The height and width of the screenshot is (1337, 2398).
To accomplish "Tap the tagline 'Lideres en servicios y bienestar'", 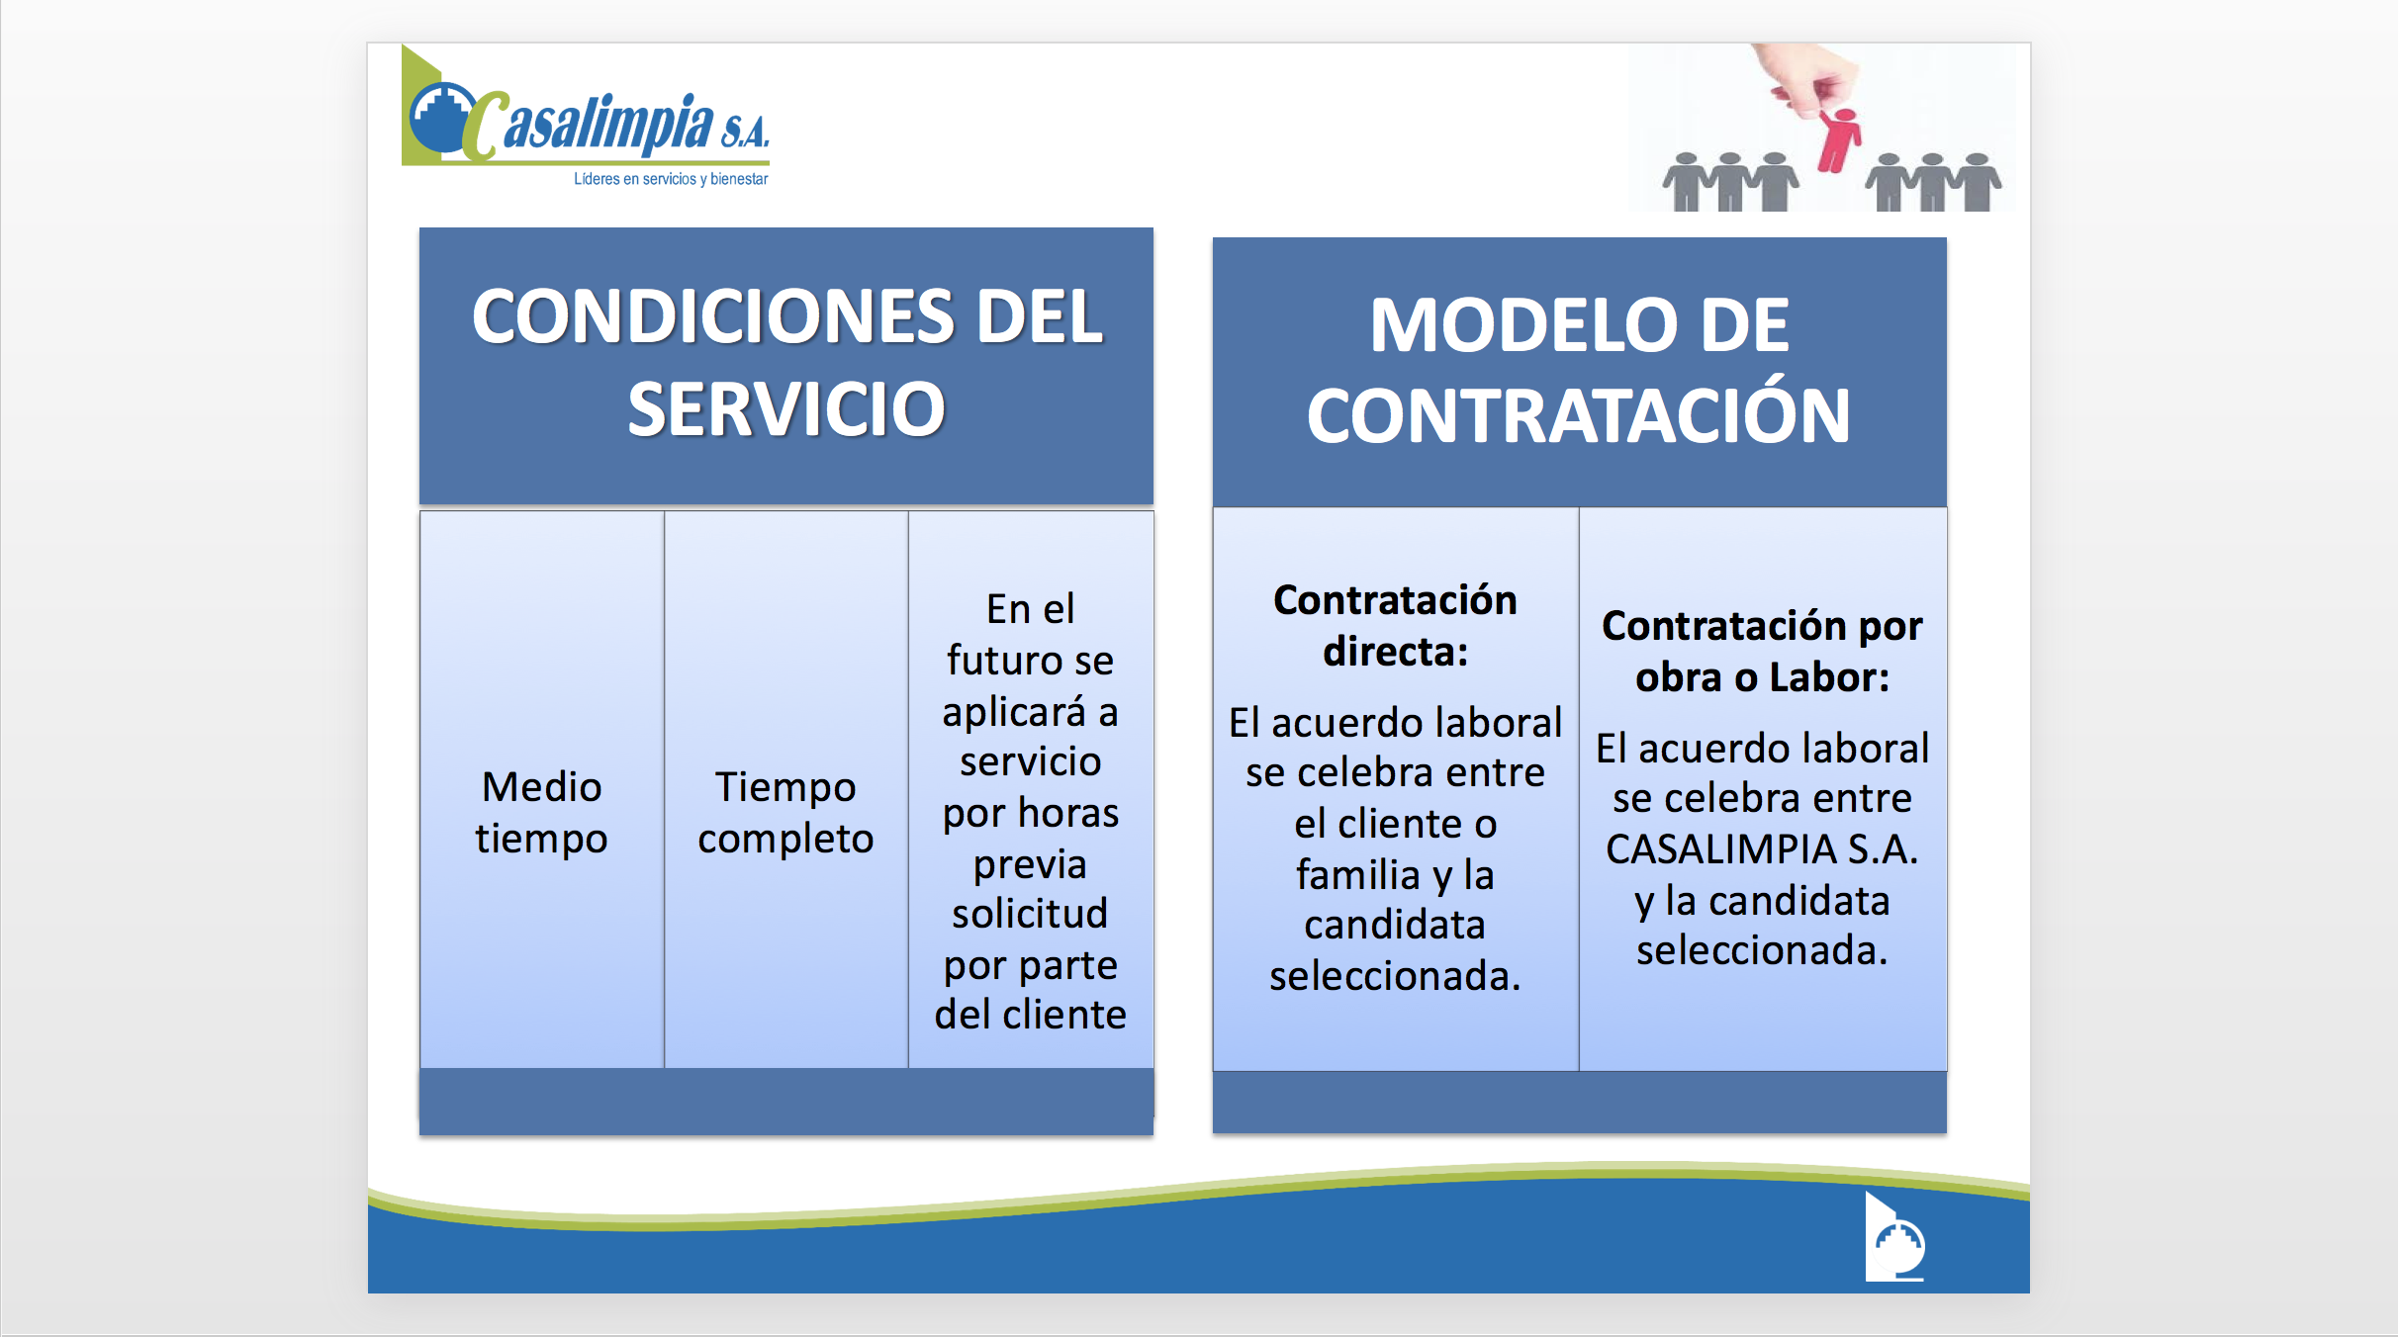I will [671, 179].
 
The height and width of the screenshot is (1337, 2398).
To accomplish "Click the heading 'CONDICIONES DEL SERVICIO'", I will [786, 362].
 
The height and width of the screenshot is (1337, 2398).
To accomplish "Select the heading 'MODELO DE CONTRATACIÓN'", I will [1579, 370].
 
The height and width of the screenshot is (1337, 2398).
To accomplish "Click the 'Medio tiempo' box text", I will [541, 813].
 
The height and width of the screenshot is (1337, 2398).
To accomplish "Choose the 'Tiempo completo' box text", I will [785, 813].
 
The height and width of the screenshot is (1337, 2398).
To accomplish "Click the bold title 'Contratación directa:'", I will [1395, 626].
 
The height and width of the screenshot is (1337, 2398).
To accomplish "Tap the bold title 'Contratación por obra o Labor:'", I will [1762, 652].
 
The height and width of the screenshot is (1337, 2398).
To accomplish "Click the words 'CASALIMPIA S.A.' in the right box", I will [1762, 849].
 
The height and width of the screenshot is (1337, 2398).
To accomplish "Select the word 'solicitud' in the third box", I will [1030, 914].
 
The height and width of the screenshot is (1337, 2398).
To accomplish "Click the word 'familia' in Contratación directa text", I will [1358, 875].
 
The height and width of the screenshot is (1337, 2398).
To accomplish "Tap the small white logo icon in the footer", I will [1895, 1240].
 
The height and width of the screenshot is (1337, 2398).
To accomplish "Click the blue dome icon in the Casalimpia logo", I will [441, 119].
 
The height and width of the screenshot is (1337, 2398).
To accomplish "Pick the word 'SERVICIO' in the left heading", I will [786, 409].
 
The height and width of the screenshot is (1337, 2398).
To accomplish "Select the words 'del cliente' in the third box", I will [1030, 1015].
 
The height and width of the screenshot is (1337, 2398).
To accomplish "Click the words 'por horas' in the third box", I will [1030, 813].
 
